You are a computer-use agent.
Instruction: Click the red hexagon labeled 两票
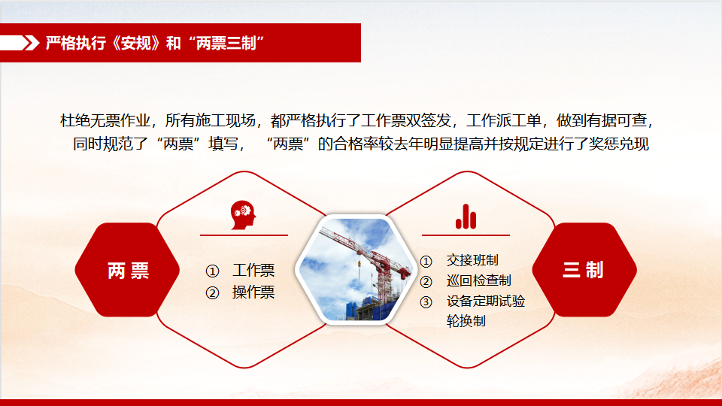127,270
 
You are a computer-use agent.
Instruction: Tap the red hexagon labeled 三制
584,270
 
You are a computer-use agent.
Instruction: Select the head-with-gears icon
243,215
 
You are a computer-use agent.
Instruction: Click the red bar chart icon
466,217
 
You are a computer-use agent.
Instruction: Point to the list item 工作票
253,270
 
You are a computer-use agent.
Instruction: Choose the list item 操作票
253,292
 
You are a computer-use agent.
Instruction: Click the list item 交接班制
472,261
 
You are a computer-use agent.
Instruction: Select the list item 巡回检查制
479,280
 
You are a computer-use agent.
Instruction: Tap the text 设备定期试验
486,301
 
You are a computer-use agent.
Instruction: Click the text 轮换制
466,321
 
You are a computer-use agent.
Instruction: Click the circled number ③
426,302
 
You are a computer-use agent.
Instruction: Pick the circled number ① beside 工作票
212,271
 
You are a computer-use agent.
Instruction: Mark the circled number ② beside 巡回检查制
426,282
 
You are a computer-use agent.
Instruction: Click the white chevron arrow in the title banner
31,43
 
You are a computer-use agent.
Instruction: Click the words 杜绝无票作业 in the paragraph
105,120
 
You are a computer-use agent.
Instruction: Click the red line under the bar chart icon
466,235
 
